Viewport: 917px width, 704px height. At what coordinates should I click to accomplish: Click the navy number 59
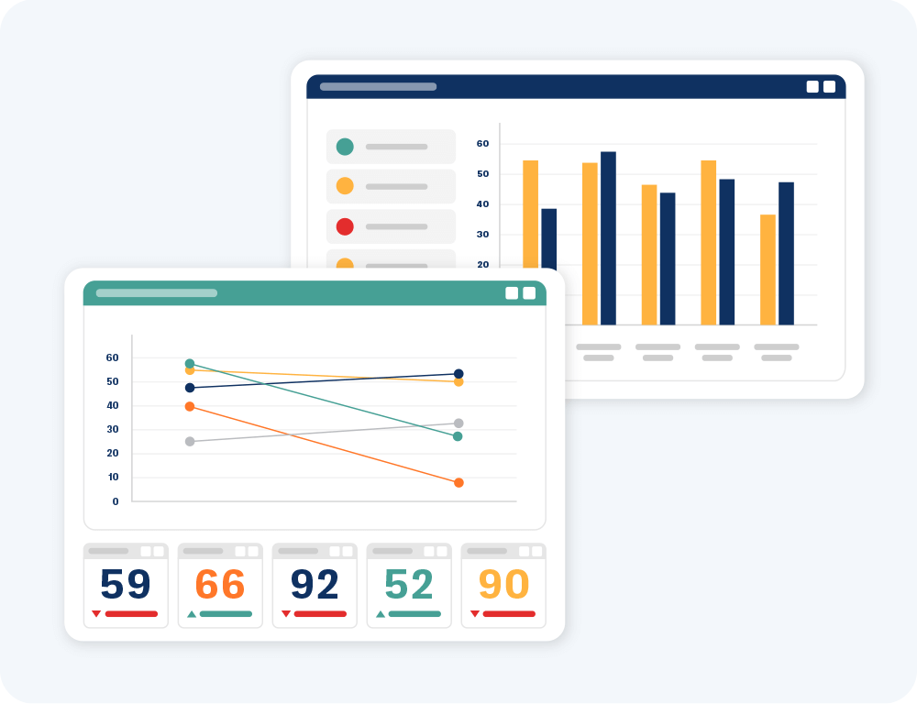[126, 585]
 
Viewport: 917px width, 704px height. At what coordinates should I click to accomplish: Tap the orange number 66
[220, 585]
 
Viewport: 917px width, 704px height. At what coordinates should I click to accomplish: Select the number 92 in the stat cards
[315, 585]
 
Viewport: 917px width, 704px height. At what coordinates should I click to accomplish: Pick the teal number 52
[409, 585]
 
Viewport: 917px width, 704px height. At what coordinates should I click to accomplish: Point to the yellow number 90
[503, 585]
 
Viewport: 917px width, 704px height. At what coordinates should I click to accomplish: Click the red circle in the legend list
[345, 226]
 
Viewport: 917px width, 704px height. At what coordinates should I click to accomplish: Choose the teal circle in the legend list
[345, 147]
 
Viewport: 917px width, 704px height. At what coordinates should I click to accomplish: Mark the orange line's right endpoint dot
[458, 482]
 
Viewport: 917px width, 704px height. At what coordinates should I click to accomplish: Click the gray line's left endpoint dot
[190, 441]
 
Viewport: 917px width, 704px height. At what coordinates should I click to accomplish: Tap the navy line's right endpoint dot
[458, 374]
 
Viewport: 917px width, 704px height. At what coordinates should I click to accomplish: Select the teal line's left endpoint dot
[190, 364]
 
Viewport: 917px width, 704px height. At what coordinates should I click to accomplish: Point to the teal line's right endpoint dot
[458, 436]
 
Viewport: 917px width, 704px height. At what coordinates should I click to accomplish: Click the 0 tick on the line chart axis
[116, 501]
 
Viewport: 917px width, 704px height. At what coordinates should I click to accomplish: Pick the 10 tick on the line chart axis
[114, 478]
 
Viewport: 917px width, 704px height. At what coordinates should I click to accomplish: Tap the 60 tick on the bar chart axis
[483, 144]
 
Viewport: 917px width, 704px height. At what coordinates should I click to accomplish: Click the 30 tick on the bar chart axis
[483, 235]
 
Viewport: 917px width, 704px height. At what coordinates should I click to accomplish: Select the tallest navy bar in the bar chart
[608, 238]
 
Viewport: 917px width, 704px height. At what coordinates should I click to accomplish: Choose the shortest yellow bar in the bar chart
[768, 269]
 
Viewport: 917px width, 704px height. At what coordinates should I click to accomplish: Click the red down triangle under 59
[96, 614]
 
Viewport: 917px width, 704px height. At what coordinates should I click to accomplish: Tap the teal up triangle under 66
[192, 614]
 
